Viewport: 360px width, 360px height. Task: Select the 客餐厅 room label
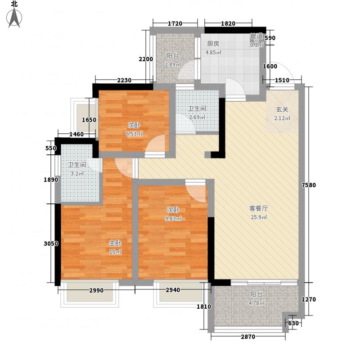pyautogui.click(x=259, y=209)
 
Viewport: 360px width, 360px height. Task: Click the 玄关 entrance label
pyautogui.click(x=282, y=109)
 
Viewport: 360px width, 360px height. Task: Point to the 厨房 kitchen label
pyautogui.click(x=213, y=44)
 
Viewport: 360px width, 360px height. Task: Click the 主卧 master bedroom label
pyautogui.click(x=115, y=243)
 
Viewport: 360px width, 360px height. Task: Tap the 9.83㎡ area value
pyautogui.click(x=173, y=219)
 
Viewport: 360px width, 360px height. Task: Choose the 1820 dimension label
pyautogui.click(x=228, y=23)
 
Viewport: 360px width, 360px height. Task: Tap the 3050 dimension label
pyautogui.click(x=51, y=244)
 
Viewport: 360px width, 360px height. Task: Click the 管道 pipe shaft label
pyautogui.click(x=256, y=36)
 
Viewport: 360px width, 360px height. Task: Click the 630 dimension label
pyautogui.click(x=293, y=323)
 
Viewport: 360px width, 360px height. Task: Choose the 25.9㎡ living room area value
pyautogui.click(x=259, y=218)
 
